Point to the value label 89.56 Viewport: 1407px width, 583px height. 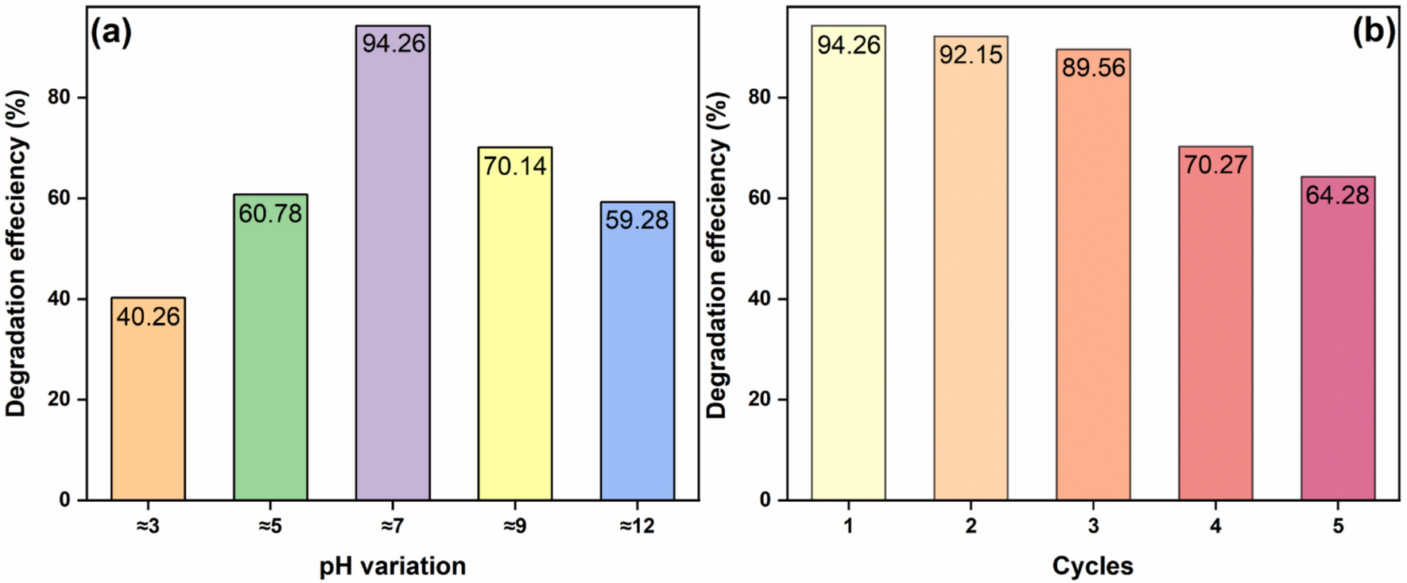[x=1094, y=68]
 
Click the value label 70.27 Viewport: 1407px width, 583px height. [x=1215, y=165]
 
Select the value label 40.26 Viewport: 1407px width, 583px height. [x=148, y=317]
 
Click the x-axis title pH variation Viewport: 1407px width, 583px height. [x=393, y=566]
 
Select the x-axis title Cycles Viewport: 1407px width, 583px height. [x=1092, y=566]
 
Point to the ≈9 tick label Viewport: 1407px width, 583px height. [x=515, y=527]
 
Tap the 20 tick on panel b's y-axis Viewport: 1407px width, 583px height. [x=763, y=399]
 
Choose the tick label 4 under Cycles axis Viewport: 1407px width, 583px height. [x=1215, y=527]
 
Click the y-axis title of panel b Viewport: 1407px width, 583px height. [x=718, y=255]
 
